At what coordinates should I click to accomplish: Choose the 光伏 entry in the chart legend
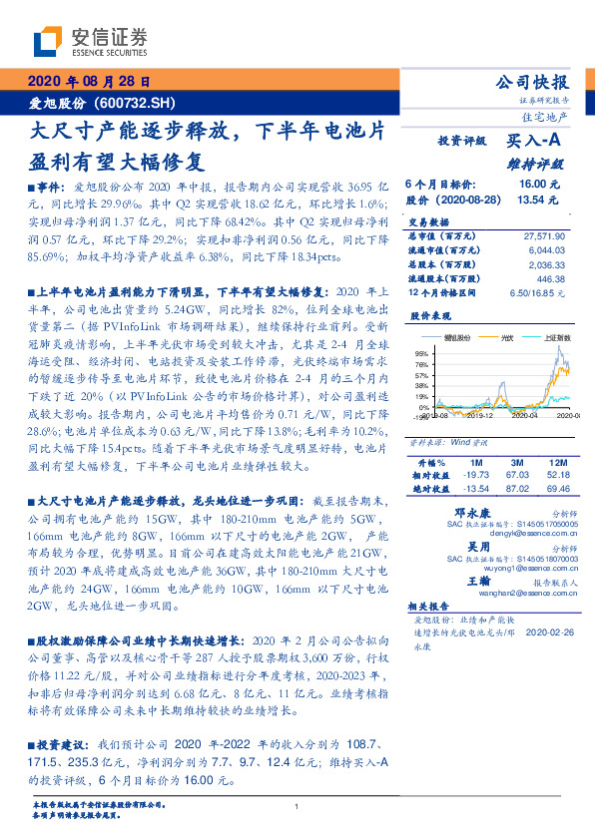(506, 339)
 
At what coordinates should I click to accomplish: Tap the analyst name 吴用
(452, 547)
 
